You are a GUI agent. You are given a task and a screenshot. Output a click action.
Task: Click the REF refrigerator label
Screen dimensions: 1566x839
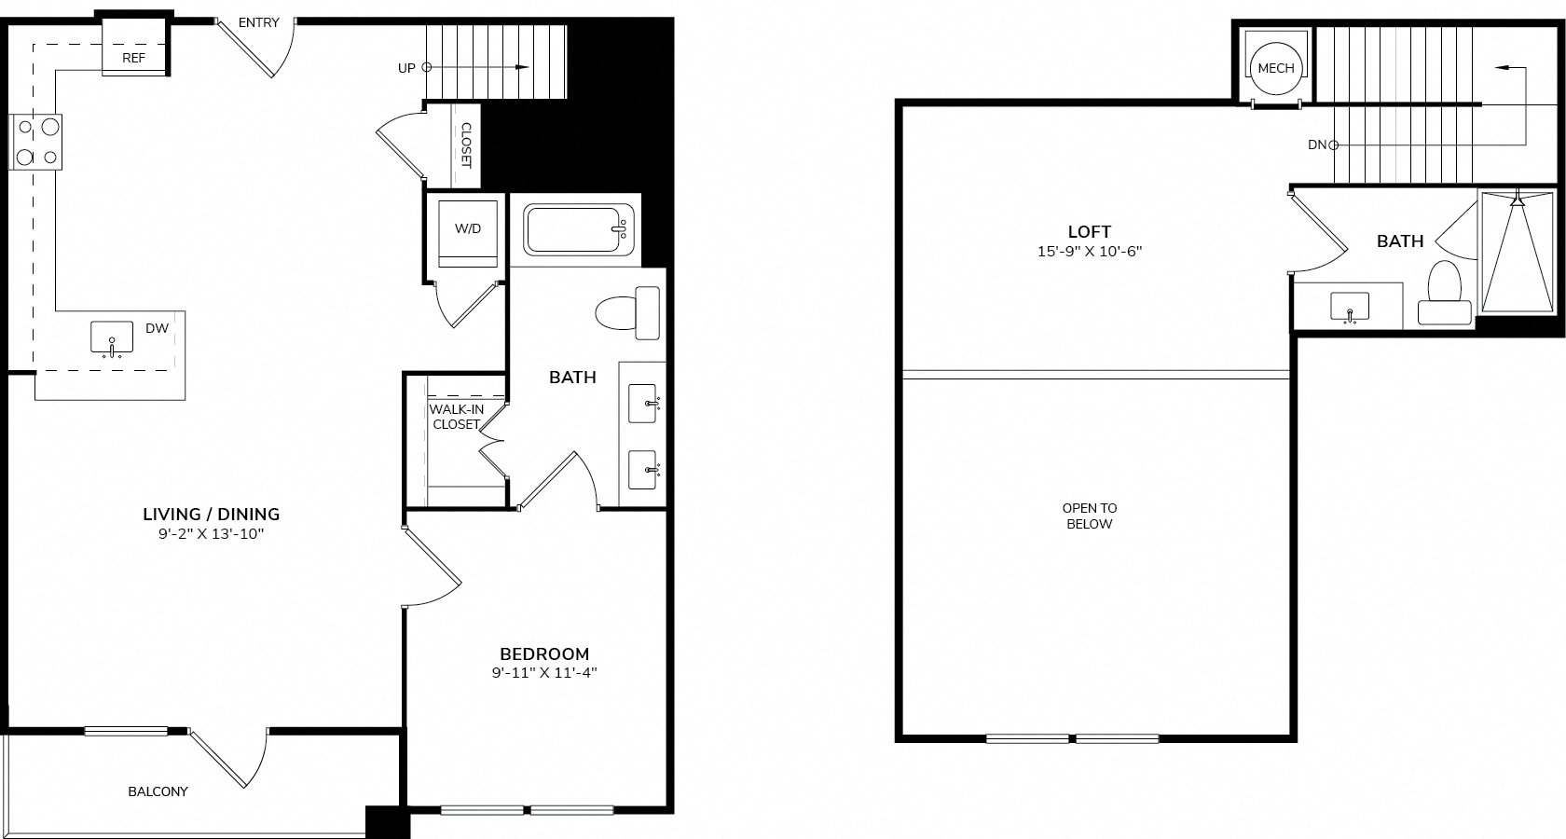[x=133, y=58]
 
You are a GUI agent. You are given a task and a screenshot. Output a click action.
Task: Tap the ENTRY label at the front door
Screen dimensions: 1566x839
[x=259, y=22]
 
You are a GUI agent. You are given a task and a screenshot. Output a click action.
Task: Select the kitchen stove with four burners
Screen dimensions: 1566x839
[x=35, y=142]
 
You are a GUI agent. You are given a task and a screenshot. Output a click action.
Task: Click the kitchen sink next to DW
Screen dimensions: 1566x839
[x=112, y=338]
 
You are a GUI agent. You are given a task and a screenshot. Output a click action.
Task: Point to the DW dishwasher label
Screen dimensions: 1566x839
[x=158, y=328]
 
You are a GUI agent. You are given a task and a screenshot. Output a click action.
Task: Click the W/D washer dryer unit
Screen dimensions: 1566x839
[x=468, y=233]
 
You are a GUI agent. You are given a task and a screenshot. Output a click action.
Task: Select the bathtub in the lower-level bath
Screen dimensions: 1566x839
[x=578, y=228]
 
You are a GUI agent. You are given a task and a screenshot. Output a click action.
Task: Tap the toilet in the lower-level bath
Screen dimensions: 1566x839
[x=627, y=312]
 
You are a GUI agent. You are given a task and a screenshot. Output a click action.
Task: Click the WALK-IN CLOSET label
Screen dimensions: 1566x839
[x=457, y=417]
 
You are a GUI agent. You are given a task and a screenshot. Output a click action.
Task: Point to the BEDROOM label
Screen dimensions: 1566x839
[x=544, y=653]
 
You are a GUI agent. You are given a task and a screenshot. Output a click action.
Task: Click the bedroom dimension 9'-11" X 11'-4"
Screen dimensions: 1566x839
[x=544, y=673]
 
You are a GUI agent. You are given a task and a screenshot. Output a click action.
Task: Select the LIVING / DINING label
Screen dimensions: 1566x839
[x=211, y=515]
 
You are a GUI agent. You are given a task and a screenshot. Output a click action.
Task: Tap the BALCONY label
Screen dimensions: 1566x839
[x=158, y=791]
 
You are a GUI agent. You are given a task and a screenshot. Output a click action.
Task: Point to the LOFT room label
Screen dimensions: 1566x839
[x=1089, y=231]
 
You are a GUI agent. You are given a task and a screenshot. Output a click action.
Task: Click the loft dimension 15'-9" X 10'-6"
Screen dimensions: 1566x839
[x=1089, y=251]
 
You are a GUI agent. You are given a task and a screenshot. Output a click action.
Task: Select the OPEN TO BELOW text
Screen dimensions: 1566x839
[x=1089, y=516]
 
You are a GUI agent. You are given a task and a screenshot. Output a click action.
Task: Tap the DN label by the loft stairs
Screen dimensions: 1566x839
[x=1317, y=144]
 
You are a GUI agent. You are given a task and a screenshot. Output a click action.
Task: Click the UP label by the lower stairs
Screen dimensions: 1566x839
[x=406, y=68]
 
